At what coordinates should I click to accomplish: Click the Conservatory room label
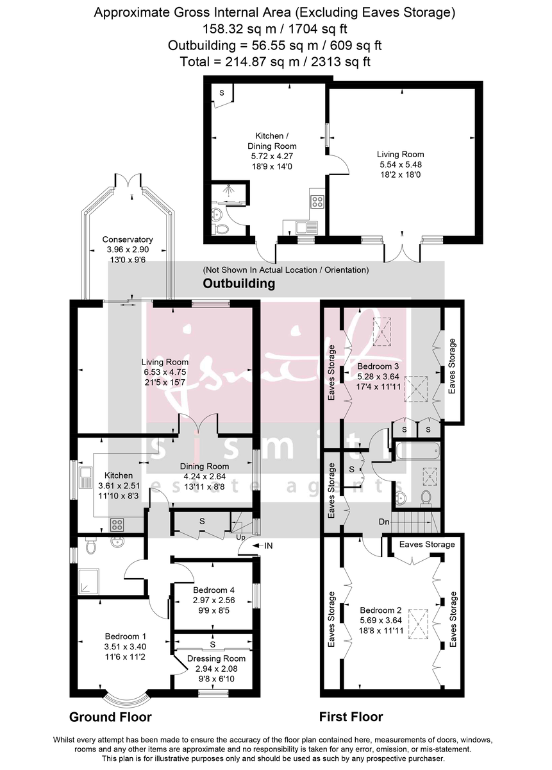point(128,239)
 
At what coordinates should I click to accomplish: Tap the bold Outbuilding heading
point(238,283)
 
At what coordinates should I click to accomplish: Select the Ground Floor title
point(110,717)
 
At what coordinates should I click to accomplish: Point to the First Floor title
point(351,717)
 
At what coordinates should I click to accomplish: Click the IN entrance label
point(268,545)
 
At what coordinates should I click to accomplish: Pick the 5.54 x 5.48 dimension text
point(400,164)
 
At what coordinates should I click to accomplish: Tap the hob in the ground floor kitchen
point(117,524)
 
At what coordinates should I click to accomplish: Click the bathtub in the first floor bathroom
point(417,451)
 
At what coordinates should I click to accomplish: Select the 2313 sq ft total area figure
point(340,62)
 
